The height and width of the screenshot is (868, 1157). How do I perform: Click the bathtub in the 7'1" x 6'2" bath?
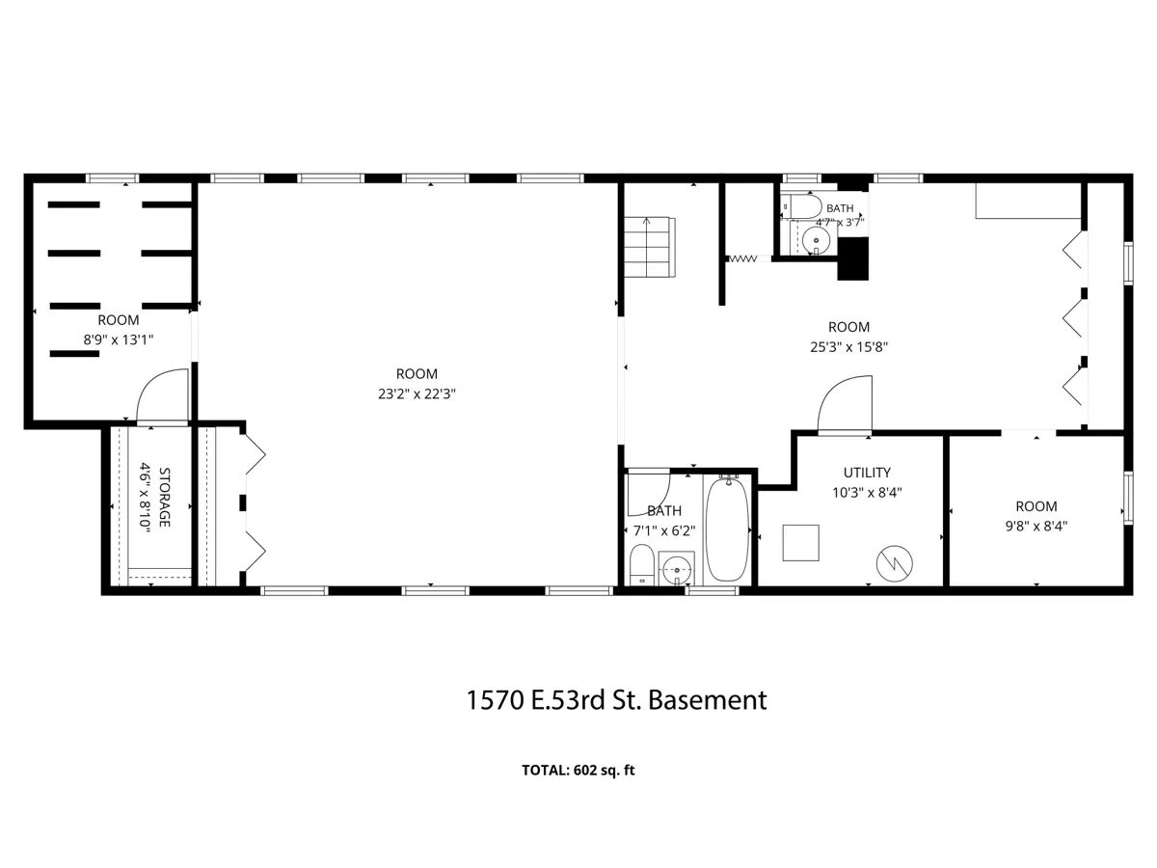tap(727, 529)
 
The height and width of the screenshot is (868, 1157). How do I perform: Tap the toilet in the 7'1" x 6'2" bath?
tap(641, 564)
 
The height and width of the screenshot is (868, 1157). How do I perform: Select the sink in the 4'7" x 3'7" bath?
tap(815, 241)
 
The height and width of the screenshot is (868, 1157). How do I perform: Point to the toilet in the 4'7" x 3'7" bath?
tap(801, 206)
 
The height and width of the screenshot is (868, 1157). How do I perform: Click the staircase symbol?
tap(650, 247)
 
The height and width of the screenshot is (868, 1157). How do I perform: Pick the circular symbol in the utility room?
tap(894, 563)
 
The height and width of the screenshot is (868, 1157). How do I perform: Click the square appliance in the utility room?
tap(800, 542)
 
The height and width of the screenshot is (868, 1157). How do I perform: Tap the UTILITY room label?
tap(867, 473)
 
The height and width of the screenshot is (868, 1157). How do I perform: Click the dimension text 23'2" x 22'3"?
tap(417, 393)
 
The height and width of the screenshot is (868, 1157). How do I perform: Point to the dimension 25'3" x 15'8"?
tap(848, 347)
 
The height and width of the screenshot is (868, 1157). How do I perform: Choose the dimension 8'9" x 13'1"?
tap(118, 339)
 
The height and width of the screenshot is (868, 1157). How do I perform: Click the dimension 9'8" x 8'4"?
tap(1036, 526)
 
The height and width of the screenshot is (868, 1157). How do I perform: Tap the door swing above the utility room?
tap(844, 404)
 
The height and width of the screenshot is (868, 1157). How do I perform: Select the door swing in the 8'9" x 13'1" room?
tap(162, 395)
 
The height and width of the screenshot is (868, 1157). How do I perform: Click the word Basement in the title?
tap(707, 700)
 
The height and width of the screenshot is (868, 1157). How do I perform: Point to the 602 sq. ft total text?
tap(605, 770)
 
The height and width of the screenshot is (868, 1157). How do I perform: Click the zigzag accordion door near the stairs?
tap(742, 258)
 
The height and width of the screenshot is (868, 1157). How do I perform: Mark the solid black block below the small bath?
tap(853, 258)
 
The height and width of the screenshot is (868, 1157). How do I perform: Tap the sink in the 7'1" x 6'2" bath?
tap(676, 569)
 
